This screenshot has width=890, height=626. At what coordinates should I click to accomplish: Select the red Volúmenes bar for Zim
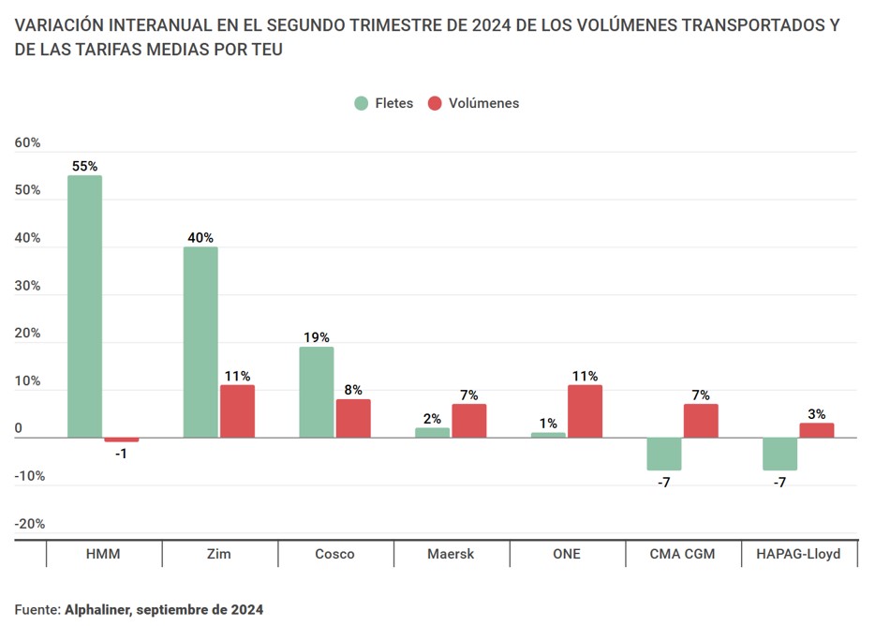point(237,411)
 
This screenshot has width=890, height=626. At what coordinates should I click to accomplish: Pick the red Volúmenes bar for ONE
point(586,411)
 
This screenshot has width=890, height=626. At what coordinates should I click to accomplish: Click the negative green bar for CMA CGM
point(664,454)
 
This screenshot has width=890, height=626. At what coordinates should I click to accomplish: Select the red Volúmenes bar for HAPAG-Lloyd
point(816,430)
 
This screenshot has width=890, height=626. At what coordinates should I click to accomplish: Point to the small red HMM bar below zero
point(121,440)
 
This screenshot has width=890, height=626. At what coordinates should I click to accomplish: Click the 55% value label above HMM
point(84,166)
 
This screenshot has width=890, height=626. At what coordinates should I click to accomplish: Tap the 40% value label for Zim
point(200,237)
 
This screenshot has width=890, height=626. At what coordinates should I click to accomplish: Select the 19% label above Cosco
point(316,337)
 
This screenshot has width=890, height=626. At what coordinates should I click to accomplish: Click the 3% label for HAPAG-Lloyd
point(816,413)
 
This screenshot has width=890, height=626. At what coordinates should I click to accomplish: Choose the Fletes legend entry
point(383,103)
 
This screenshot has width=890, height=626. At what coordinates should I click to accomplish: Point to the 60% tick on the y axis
point(28,142)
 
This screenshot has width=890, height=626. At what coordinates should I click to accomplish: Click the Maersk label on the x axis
point(451,554)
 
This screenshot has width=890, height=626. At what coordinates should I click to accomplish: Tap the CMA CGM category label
point(682,554)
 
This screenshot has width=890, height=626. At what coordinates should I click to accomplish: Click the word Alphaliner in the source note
point(96,609)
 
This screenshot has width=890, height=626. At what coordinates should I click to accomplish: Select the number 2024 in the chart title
point(492,24)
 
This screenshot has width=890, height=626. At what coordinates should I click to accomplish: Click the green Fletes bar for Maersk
point(432,433)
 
